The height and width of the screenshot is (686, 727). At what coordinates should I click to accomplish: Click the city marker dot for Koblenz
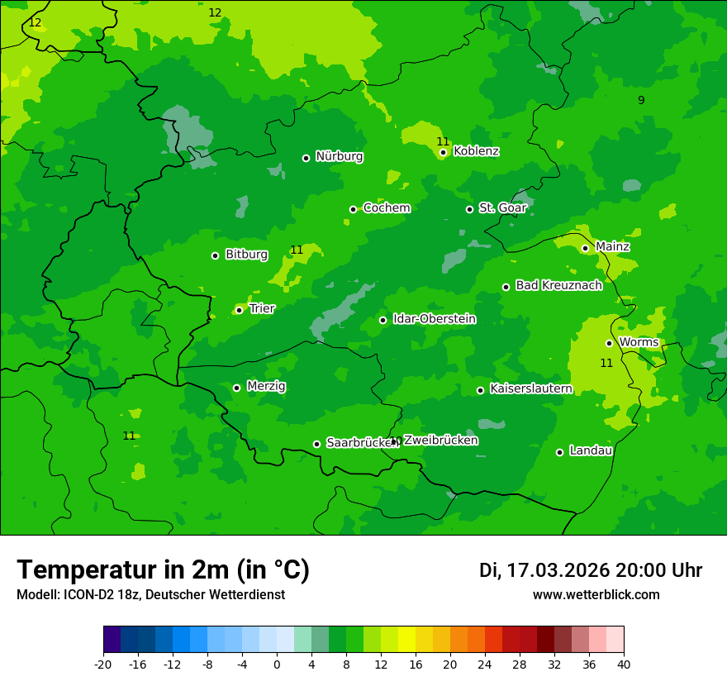[x=444, y=152]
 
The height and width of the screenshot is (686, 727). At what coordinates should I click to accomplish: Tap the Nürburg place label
[x=339, y=156]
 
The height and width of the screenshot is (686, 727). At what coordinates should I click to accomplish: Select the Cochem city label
[x=386, y=207]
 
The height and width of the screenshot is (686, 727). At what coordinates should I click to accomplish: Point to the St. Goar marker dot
[x=470, y=209]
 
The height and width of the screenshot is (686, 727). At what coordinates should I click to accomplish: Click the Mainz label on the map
[x=612, y=246]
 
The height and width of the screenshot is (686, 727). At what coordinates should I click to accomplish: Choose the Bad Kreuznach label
[x=558, y=285]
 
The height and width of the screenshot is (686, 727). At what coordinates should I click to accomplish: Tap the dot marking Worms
[x=610, y=343]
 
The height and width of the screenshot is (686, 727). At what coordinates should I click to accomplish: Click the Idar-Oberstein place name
[x=434, y=318]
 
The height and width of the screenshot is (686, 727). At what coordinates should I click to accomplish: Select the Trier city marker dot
[x=240, y=311]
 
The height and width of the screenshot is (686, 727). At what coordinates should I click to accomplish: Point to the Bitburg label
[x=246, y=255]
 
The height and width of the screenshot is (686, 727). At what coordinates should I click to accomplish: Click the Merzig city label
[x=266, y=386]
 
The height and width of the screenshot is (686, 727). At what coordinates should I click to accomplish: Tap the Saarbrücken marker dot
[x=316, y=444]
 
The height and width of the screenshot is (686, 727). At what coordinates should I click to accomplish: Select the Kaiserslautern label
[x=530, y=388]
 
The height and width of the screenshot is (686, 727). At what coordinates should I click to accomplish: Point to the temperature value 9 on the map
[x=641, y=100]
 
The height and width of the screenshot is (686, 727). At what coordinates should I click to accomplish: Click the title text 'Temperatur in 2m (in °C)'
[x=163, y=569]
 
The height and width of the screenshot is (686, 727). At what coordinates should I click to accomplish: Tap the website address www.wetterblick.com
[x=596, y=594]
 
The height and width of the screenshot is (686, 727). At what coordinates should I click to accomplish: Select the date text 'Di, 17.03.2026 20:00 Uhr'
[x=591, y=570]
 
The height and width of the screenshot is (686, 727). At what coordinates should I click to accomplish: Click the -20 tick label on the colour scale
[x=103, y=664]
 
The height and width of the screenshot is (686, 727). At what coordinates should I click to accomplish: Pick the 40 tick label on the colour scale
[x=624, y=664]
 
